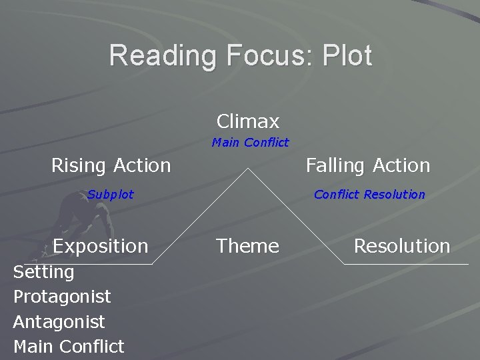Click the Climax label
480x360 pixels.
[248, 121]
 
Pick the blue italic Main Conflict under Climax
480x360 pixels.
[250, 142]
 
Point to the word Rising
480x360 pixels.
[79, 165]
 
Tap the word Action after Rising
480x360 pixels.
[141, 165]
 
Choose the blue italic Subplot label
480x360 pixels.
[110, 195]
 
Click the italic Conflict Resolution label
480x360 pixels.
[369, 195]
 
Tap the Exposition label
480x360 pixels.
[101, 246]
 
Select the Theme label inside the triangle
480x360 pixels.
[247, 246]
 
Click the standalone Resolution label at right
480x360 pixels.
[401, 246]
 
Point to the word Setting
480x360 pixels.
[43, 271]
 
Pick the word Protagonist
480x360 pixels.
[62, 296]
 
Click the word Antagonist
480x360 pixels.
[59, 321]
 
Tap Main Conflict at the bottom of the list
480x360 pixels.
[69, 347]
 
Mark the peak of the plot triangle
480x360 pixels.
[248, 168]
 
